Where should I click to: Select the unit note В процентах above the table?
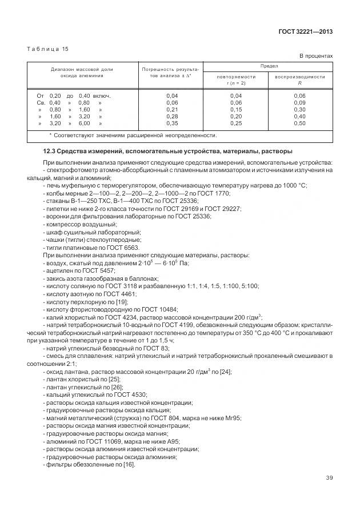pyautogui.click(x=316, y=56)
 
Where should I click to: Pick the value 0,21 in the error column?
pyautogui.click(x=171, y=109)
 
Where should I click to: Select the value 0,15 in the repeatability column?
pyautogui.click(x=235, y=109)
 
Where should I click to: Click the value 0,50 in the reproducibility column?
pyautogui.click(x=299, y=123)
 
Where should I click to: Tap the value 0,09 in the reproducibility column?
pyautogui.click(x=299, y=102)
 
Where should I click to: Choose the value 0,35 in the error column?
pyautogui.click(x=171, y=123)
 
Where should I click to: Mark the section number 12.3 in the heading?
pyautogui.click(x=50, y=152)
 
